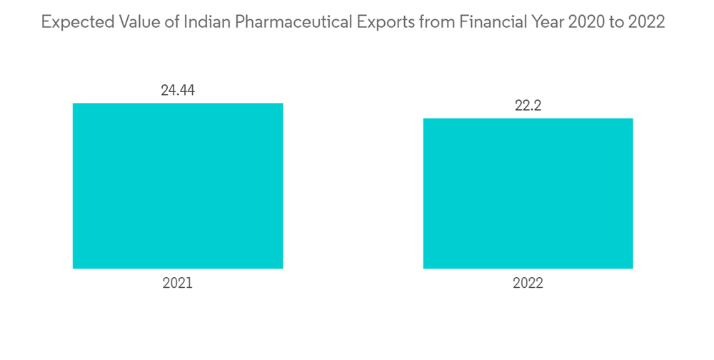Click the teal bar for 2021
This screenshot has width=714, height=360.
178,186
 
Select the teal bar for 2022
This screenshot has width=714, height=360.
528,193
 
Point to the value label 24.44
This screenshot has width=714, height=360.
178,91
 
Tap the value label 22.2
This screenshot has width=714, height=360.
528,106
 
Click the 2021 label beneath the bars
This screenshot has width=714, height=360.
178,284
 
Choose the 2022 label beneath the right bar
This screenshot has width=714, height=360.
528,284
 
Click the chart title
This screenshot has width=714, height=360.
353,23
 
